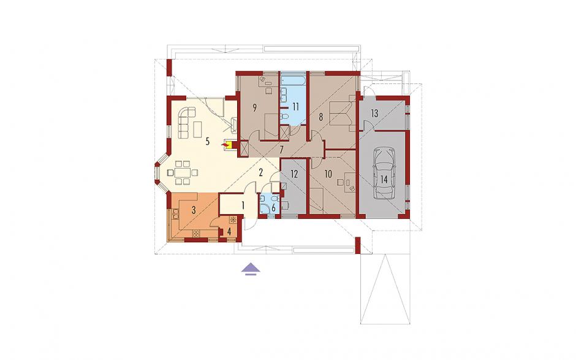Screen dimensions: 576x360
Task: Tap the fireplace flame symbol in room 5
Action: click(224, 145)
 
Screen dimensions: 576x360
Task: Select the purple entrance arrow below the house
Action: click(251, 269)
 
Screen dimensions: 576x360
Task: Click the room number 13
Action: click(374, 113)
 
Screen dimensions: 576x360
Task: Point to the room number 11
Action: click(295, 107)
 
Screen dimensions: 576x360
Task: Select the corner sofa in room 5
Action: click(186, 121)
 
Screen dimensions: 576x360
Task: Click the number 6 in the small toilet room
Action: click(273, 208)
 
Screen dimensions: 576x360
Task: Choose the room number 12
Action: click(294, 174)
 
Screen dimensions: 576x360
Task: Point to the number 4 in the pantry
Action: click(229, 232)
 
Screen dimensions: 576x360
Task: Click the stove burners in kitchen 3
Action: click(196, 233)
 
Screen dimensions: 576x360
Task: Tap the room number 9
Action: click(254, 107)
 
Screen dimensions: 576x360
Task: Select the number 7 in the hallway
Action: click(281, 150)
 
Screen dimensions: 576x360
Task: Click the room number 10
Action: click(328, 173)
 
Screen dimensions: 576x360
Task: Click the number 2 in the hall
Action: click(261, 172)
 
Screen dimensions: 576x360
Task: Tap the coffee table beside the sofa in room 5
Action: click(198, 129)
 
